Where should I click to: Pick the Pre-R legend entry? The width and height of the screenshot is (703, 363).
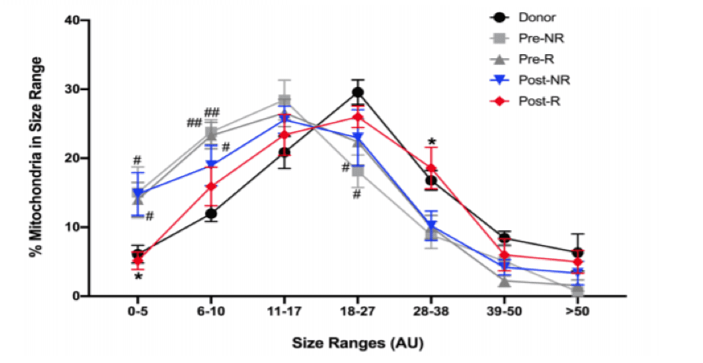click(x=535, y=59)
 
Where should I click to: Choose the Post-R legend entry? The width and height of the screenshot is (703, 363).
click(x=535, y=101)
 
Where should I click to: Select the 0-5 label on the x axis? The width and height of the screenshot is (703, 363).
click(x=138, y=312)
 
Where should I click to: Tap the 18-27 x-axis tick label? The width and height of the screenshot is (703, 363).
click(x=357, y=312)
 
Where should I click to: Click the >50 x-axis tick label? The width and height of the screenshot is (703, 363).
click(x=577, y=312)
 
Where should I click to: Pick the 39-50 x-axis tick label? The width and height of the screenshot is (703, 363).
click(x=504, y=312)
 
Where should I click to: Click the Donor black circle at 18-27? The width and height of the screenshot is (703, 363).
click(x=357, y=93)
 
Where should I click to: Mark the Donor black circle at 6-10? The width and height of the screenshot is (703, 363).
click(x=211, y=214)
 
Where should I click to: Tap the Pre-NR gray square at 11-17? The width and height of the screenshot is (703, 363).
click(x=284, y=101)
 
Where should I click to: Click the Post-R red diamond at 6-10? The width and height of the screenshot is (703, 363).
click(x=211, y=187)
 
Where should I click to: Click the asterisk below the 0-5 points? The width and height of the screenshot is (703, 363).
click(x=138, y=278)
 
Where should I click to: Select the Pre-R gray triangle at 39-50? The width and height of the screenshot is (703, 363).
click(x=504, y=281)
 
